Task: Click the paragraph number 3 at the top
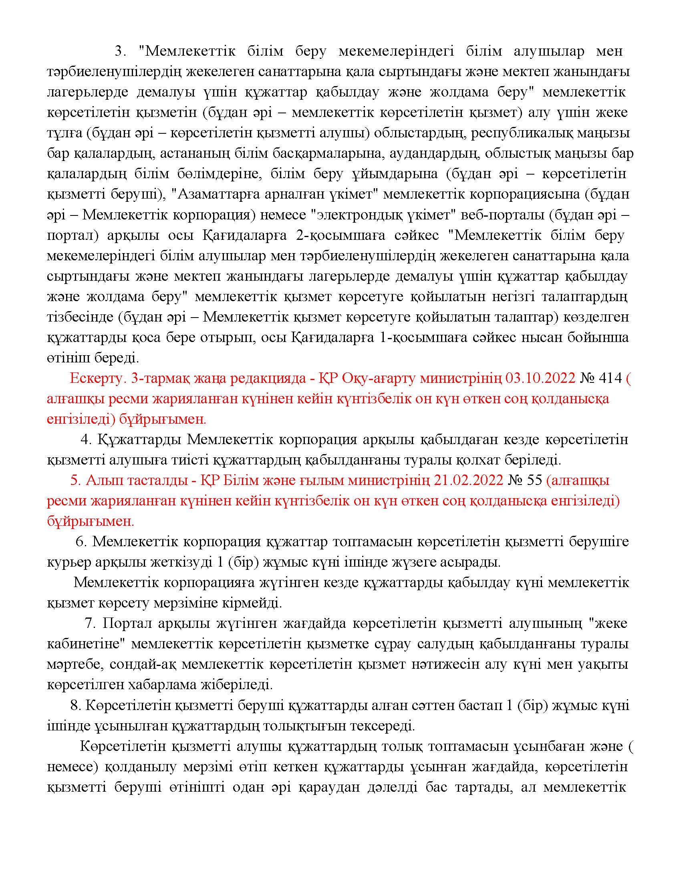(x=120, y=51)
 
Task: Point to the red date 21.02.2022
(x=468, y=480)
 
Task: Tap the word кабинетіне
(x=84, y=644)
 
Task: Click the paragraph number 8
(x=75, y=705)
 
